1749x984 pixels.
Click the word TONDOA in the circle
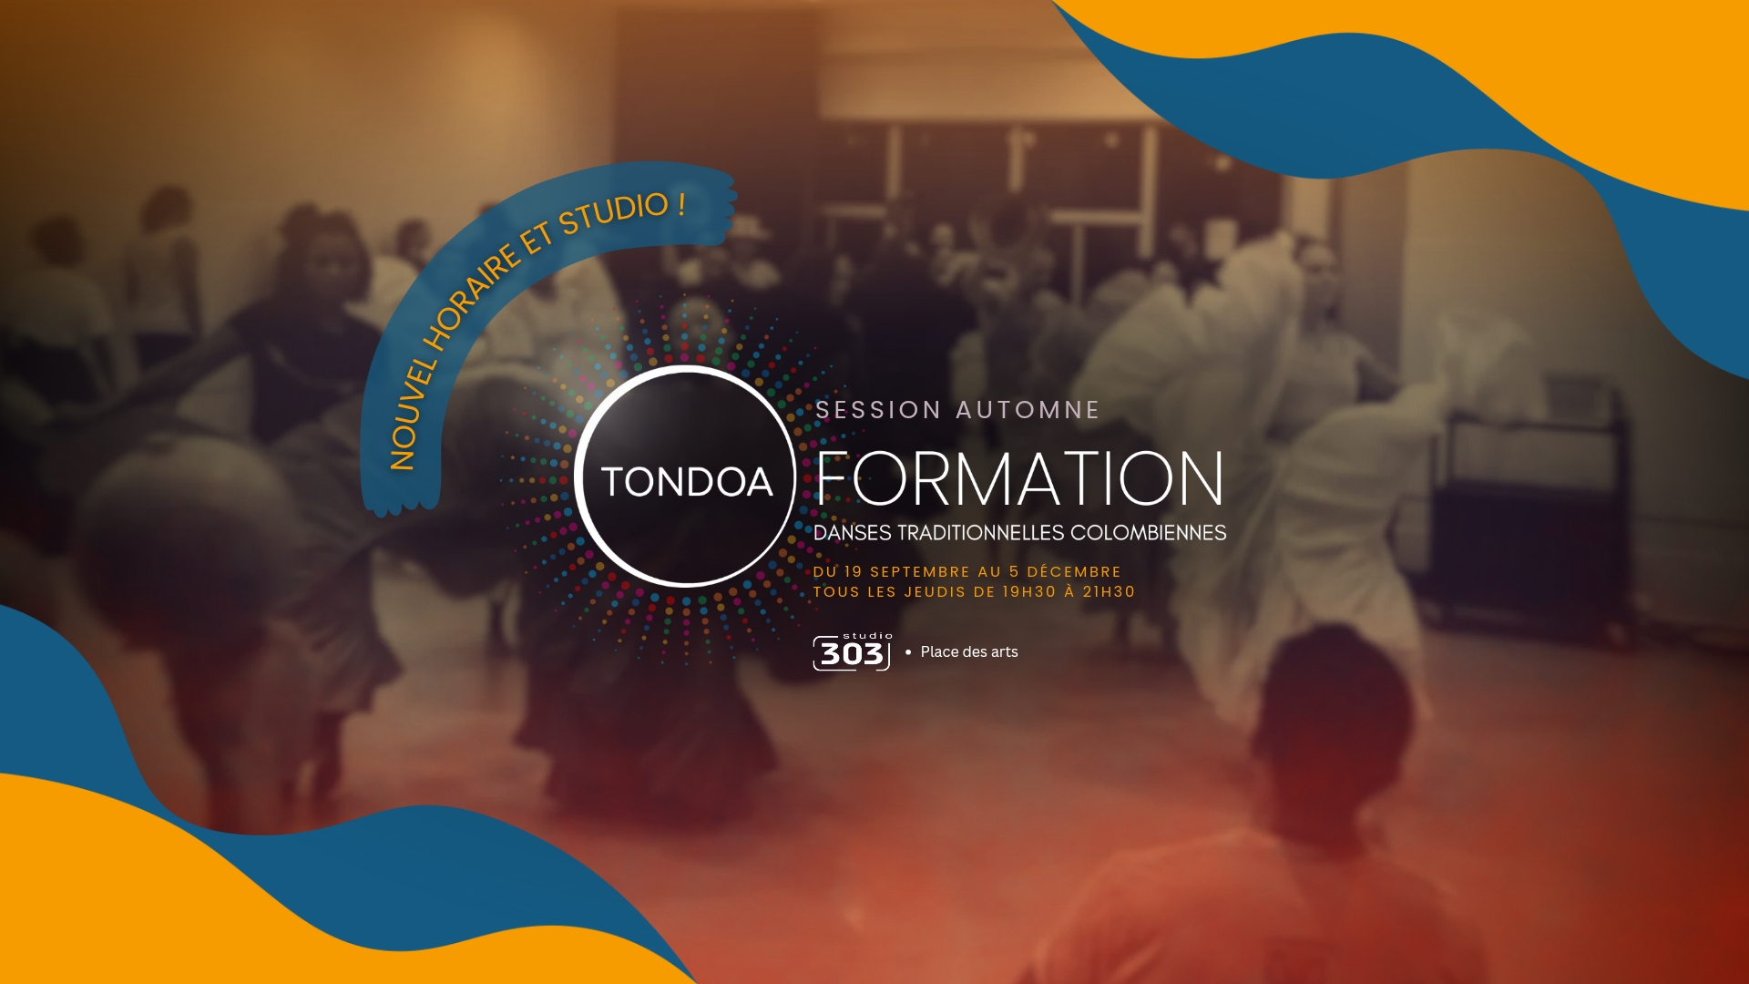tap(687, 482)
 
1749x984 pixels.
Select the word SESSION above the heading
tap(878, 410)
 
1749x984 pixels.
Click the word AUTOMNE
tap(1028, 410)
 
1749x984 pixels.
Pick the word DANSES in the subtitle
tap(853, 533)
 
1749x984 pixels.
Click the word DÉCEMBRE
tap(1074, 572)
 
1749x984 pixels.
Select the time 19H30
tap(1029, 592)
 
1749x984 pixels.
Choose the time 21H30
tap(1109, 592)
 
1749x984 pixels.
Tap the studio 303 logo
tap(852, 651)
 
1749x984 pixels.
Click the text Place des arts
tap(969, 652)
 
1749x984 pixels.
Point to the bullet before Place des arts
tap(908, 652)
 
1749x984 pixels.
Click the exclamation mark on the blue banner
tap(681, 204)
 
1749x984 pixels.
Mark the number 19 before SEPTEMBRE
tap(853, 572)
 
